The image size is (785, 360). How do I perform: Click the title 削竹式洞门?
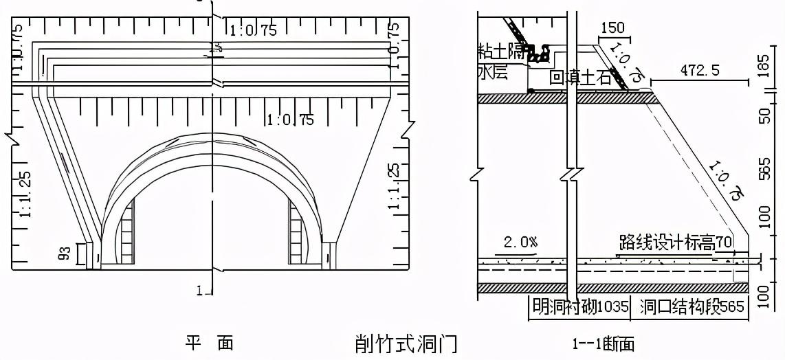406,342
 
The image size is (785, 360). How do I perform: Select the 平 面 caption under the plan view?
209,342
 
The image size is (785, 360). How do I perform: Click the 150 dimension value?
612,28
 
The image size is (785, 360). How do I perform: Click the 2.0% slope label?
521,243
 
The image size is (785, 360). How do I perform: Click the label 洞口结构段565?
692,307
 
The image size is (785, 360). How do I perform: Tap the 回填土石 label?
580,78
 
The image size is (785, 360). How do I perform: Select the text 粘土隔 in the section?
506,51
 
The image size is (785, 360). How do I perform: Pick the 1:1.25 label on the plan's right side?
393,185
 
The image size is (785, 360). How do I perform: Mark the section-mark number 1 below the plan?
199,291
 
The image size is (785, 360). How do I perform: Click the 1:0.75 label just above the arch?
290,120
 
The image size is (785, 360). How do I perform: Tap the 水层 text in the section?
493,72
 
